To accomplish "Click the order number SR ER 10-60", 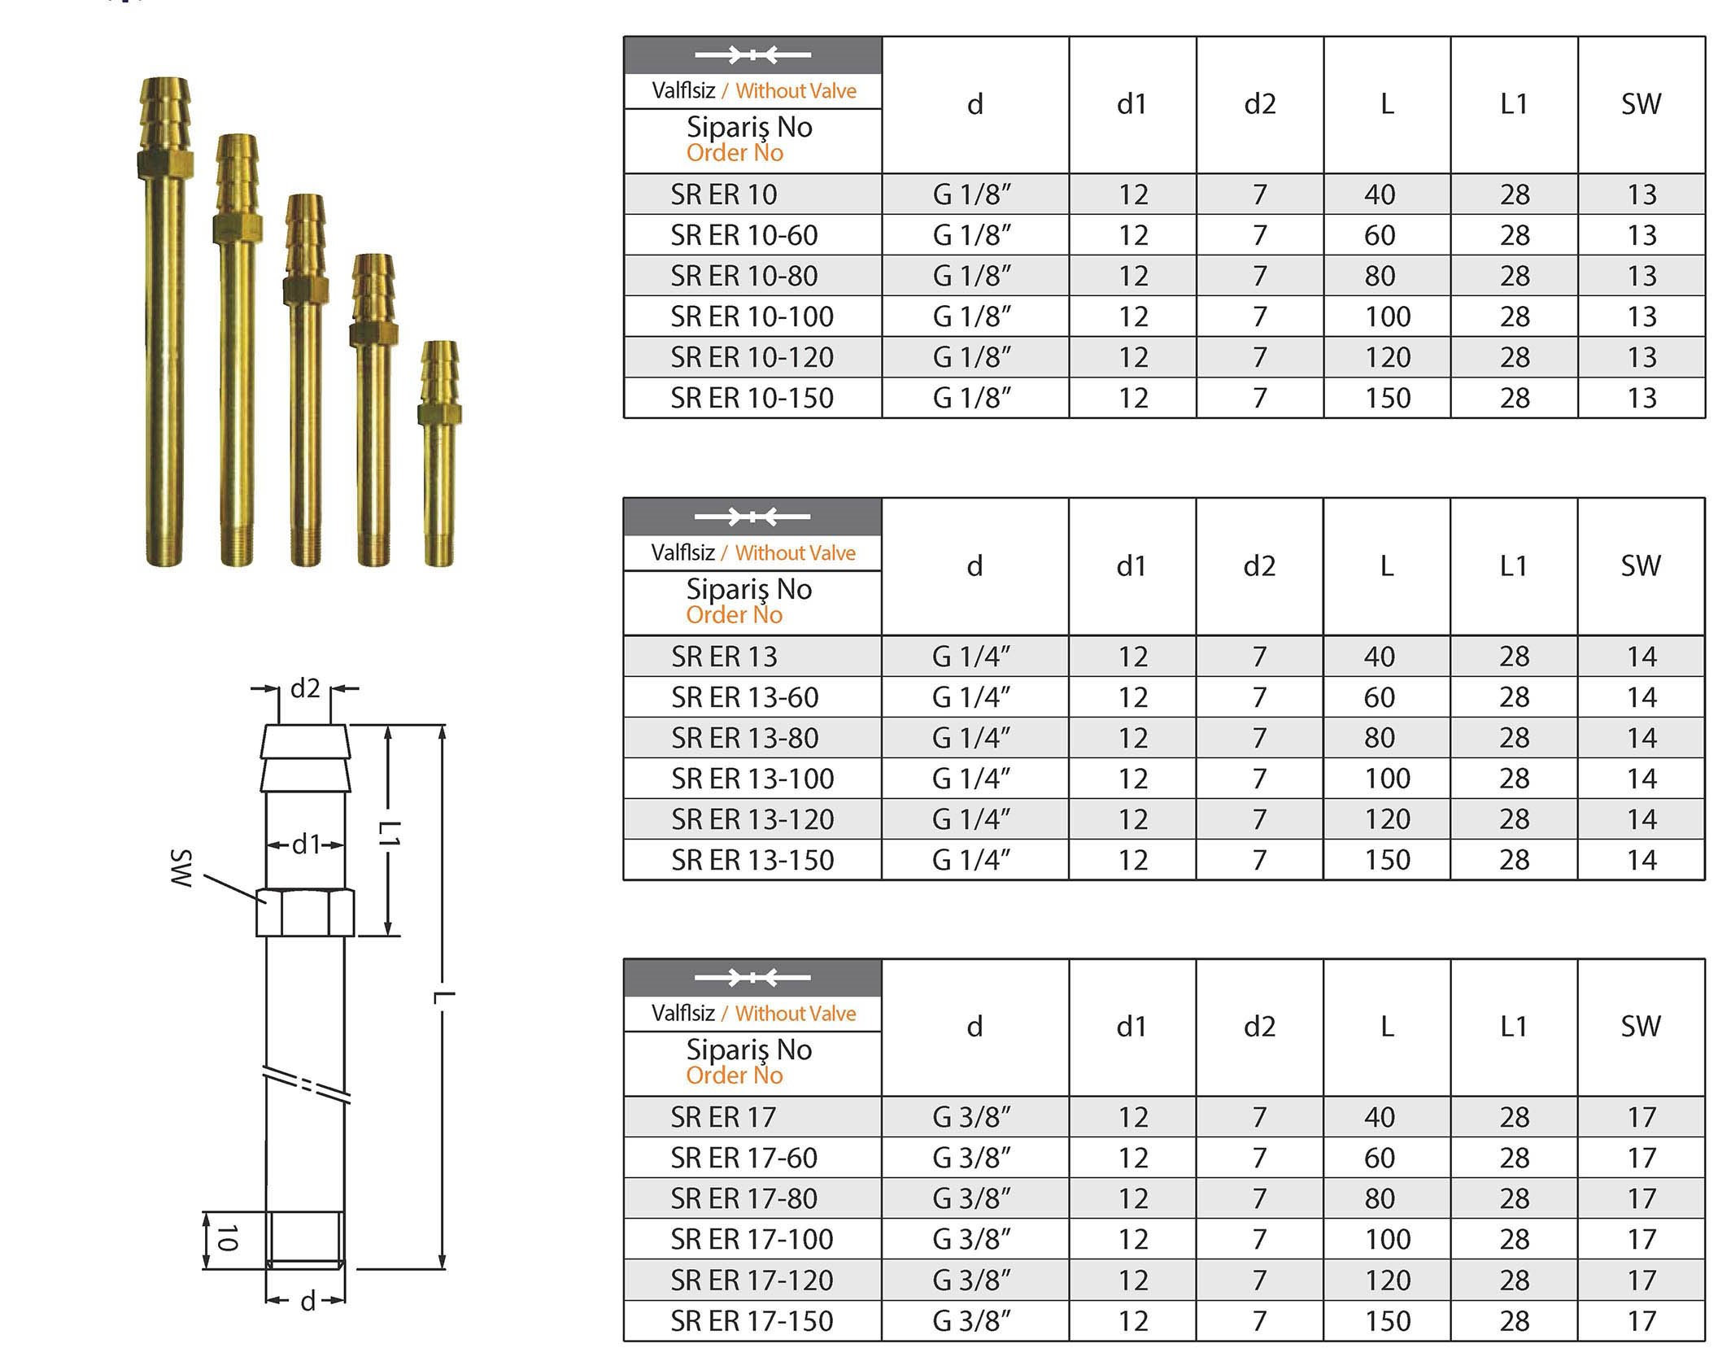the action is [x=743, y=235].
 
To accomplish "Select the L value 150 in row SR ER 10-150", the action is [x=1387, y=398].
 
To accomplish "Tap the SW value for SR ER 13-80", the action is [x=1641, y=738].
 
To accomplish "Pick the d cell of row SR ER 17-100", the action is [x=971, y=1239].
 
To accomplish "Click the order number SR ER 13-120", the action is [x=752, y=819].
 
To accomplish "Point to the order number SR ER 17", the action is [x=723, y=1117].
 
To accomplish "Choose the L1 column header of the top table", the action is [x=1514, y=104].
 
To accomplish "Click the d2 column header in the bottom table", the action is [x=1259, y=1027].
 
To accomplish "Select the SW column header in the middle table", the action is [x=1640, y=566].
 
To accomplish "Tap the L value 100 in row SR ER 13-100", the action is [x=1387, y=779].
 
